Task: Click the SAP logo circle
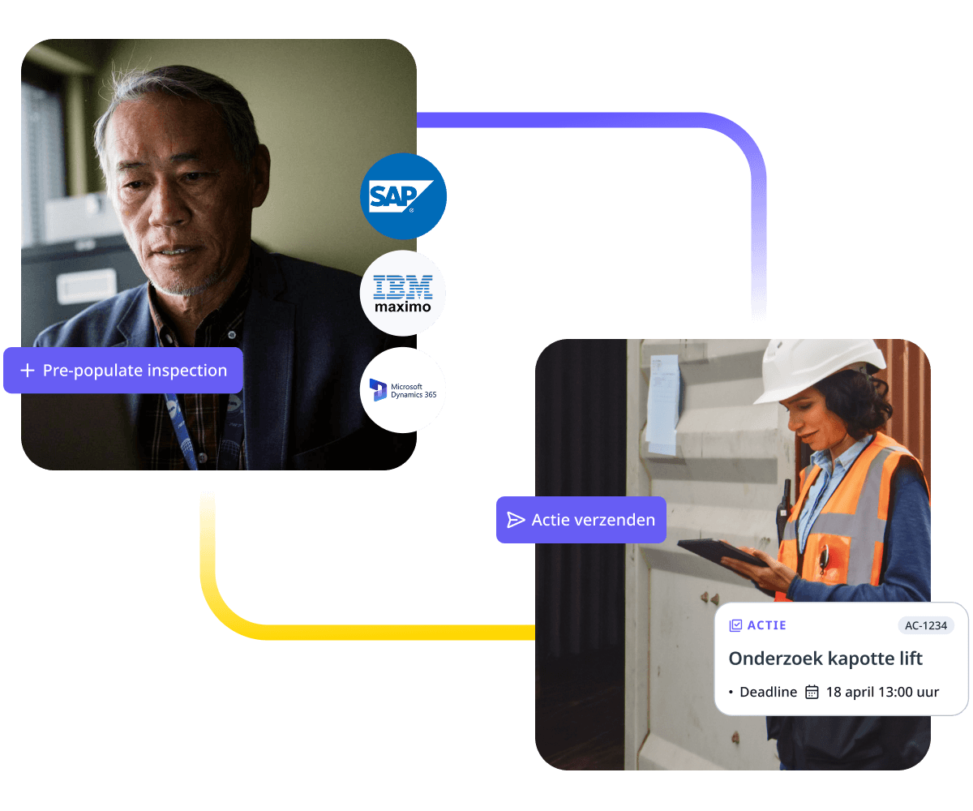(x=403, y=196)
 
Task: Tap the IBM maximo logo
(x=403, y=294)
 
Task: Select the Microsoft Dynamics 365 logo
(x=403, y=390)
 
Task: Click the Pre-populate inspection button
(x=123, y=371)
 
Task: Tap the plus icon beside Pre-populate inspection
(x=28, y=371)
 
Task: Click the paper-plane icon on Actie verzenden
(x=516, y=520)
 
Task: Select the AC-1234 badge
(x=926, y=625)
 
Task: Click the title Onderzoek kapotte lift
(x=825, y=659)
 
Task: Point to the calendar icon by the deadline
(x=812, y=692)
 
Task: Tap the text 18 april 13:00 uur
(x=882, y=692)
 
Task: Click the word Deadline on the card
(x=768, y=692)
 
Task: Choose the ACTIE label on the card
(x=766, y=625)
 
